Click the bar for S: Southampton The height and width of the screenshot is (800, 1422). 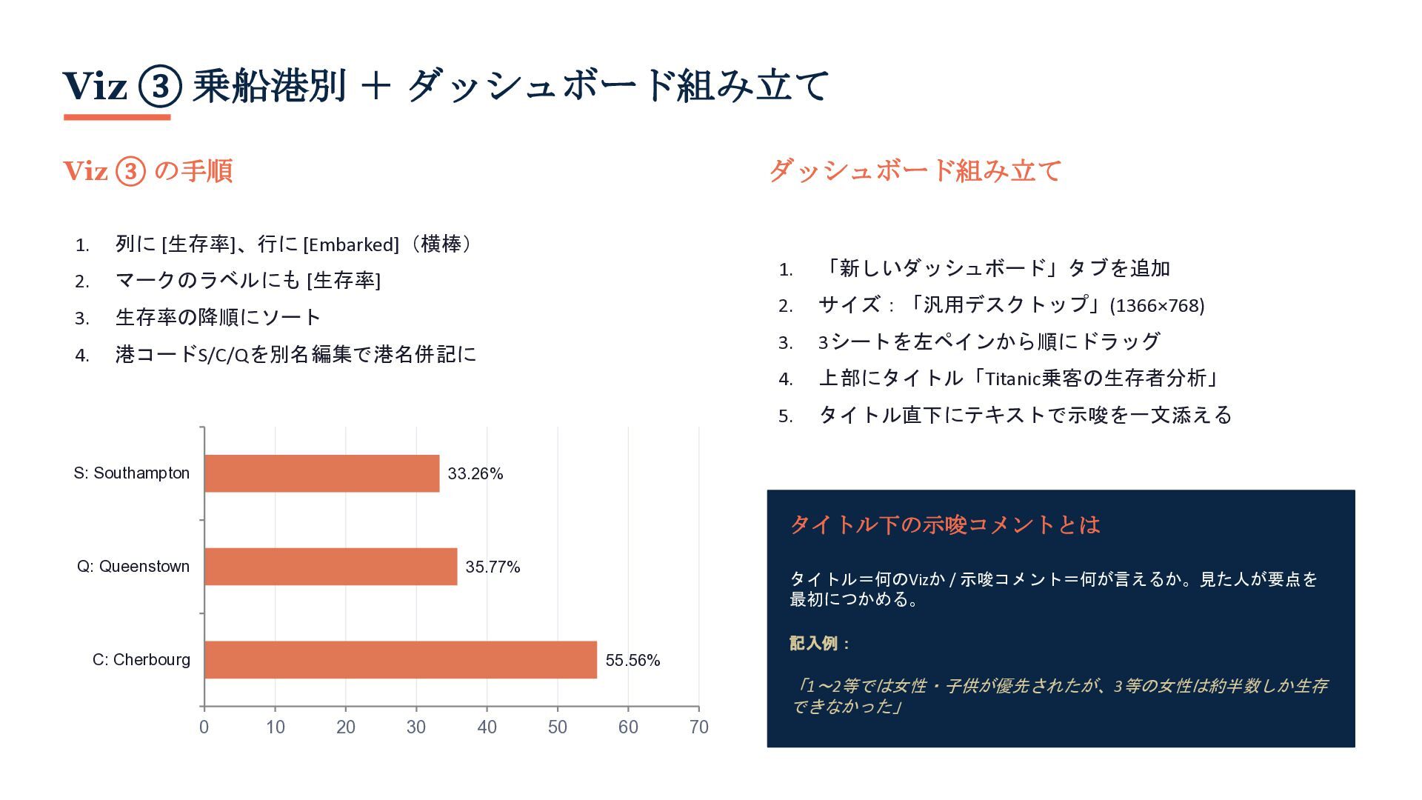click(322, 473)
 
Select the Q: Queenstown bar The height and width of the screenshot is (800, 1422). click(331, 567)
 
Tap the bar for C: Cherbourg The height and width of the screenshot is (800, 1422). click(401, 660)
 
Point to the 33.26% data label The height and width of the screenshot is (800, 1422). click(475, 474)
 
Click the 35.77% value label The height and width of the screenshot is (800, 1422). click(493, 567)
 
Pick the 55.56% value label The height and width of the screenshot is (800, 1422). click(633, 661)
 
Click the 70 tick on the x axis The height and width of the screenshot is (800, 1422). click(699, 727)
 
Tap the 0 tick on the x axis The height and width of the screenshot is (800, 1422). click(204, 727)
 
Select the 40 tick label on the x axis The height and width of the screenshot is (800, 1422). click(487, 727)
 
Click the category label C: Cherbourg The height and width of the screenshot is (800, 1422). click(141, 660)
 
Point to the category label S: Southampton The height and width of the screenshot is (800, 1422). click(132, 473)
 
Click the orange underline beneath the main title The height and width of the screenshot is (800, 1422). click(117, 117)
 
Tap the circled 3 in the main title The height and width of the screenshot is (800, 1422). click(160, 86)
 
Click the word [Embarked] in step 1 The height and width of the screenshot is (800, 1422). click(351, 244)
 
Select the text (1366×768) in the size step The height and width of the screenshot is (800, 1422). click(1157, 305)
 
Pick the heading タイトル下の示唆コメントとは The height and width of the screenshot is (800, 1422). click(945, 525)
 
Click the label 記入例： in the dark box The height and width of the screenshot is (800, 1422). click(821, 643)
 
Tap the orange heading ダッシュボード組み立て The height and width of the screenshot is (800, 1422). click(915, 171)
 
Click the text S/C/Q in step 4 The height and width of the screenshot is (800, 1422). click(224, 356)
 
